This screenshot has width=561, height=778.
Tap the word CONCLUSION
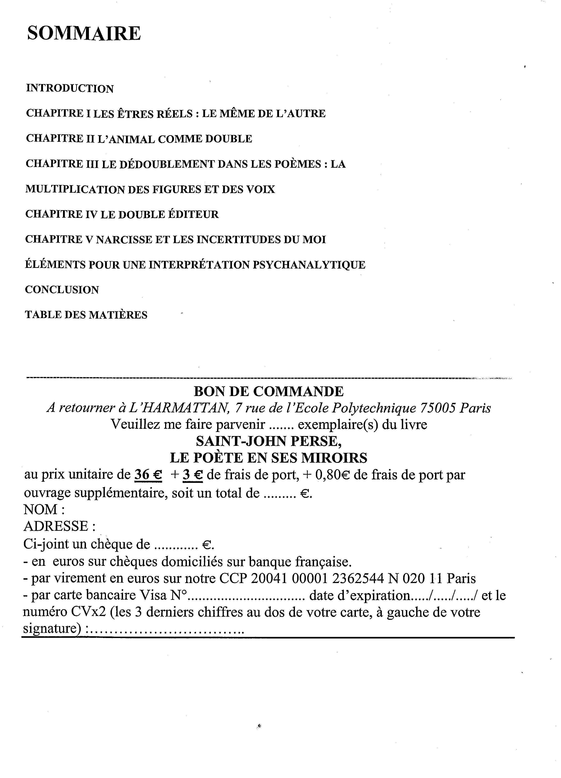(x=62, y=290)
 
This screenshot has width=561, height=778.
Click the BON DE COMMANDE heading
(x=269, y=391)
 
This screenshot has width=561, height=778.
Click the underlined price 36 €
(x=148, y=475)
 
